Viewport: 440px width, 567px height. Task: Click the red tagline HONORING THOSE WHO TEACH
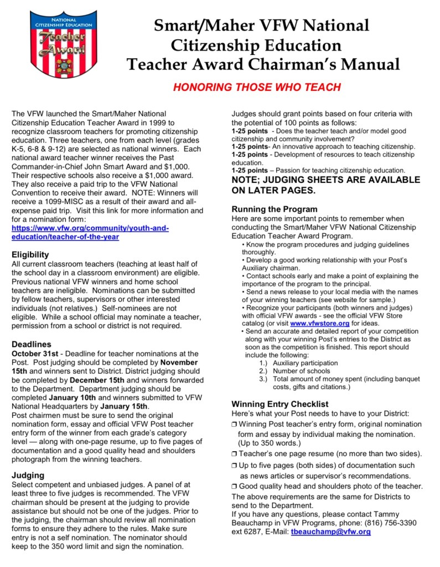click(257, 87)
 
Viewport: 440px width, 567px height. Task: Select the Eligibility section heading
click(30, 254)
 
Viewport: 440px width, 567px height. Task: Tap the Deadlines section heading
click(32, 344)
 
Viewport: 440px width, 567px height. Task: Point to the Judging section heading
click(28, 475)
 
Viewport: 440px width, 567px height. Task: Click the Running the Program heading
click(275, 210)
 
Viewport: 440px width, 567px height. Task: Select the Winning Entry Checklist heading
click(280, 403)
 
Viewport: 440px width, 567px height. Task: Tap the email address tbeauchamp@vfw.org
click(330, 532)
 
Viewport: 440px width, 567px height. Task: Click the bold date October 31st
click(35, 353)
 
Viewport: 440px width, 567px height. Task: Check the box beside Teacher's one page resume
click(234, 454)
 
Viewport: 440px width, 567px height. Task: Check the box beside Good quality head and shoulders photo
click(234, 487)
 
